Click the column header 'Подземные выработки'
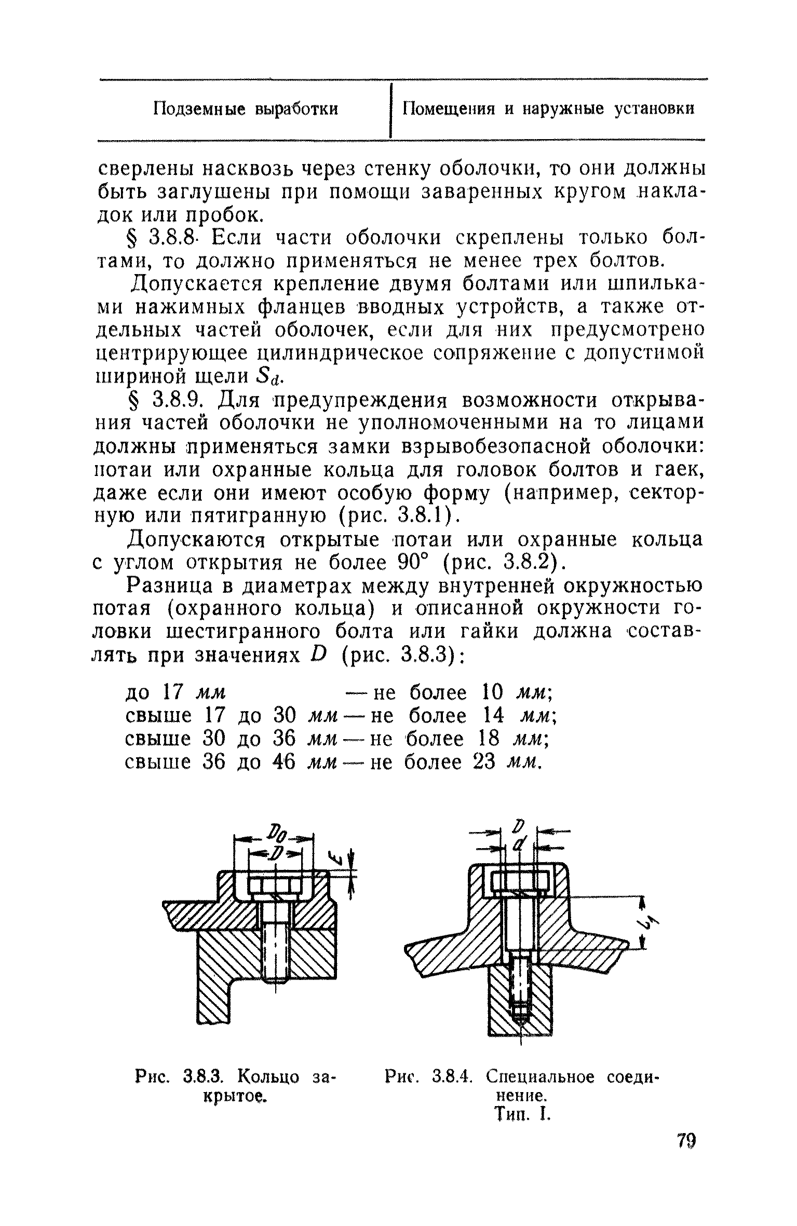pyautogui.click(x=246, y=109)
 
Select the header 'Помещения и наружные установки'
pyautogui.click(x=549, y=109)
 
